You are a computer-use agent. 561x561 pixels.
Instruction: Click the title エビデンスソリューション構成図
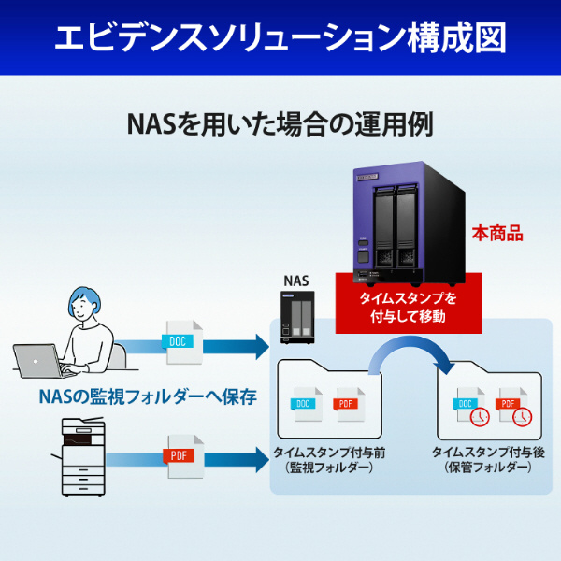pyautogui.click(x=280, y=37)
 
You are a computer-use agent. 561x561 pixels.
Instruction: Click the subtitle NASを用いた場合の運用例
pyautogui.click(x=280, y=124)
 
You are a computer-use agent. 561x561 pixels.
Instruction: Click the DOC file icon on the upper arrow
pyautogui.click(x=180, y=340)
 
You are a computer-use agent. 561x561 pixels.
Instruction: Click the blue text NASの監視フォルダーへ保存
pyautogui.click(x=148, y=396)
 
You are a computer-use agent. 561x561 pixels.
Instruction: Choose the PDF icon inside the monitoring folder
pyautogui.click(x=347, y=405)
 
